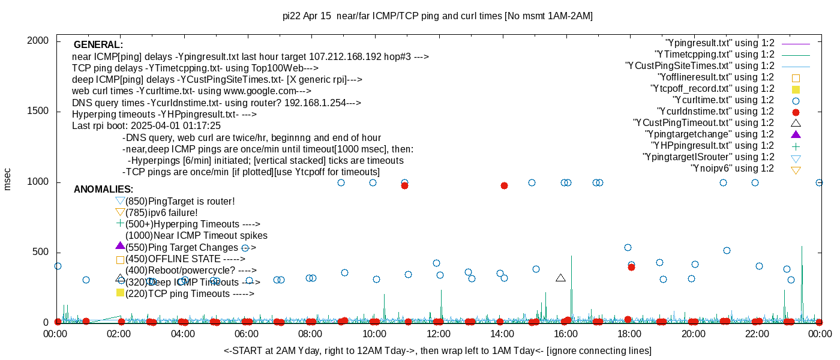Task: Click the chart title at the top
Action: click(437, 16)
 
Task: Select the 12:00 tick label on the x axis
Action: click(438, 334)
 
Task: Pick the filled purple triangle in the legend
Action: click(796, 134)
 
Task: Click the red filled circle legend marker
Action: click(796, 112)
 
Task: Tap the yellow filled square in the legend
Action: click(796, 89)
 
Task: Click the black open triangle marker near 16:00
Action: click(560, 278)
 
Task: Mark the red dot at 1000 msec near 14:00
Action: click(504, 185)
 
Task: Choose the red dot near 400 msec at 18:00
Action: click(631, 267)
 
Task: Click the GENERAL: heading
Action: click(98, 45)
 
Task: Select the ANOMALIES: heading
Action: click(103, 190)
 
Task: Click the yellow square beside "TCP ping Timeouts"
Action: click(120, 293)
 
